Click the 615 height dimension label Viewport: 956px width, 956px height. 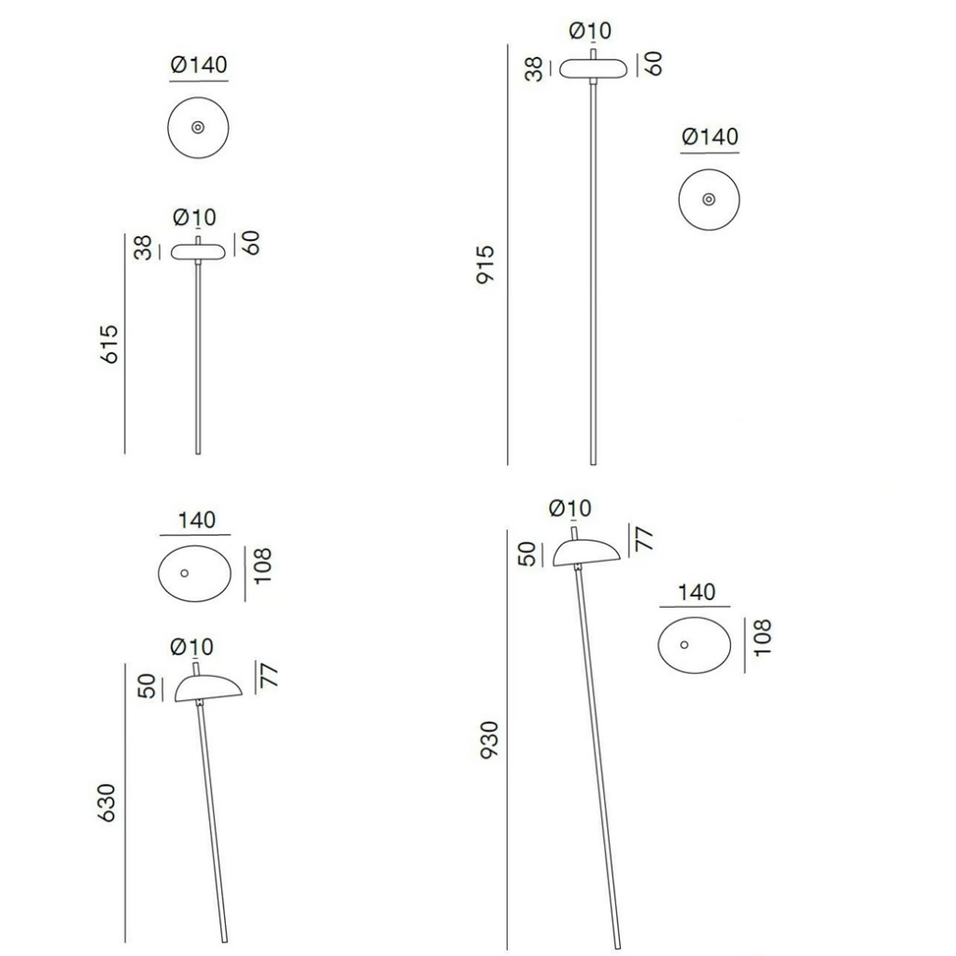click(109, 344)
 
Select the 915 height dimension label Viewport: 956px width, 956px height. click(485, 264)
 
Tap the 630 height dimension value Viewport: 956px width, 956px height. click(106, 803)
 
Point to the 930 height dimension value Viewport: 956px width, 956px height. click(489, 740)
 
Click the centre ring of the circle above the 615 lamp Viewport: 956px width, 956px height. click(198, 127)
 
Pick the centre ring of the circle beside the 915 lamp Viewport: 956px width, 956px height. click(709, 200)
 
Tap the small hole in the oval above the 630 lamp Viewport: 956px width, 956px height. click(184, 573)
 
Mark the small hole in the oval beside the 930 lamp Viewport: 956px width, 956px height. click(684, 644)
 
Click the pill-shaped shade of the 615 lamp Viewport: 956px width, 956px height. click(198, 252)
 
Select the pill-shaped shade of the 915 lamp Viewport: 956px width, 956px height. click(593, 69)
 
